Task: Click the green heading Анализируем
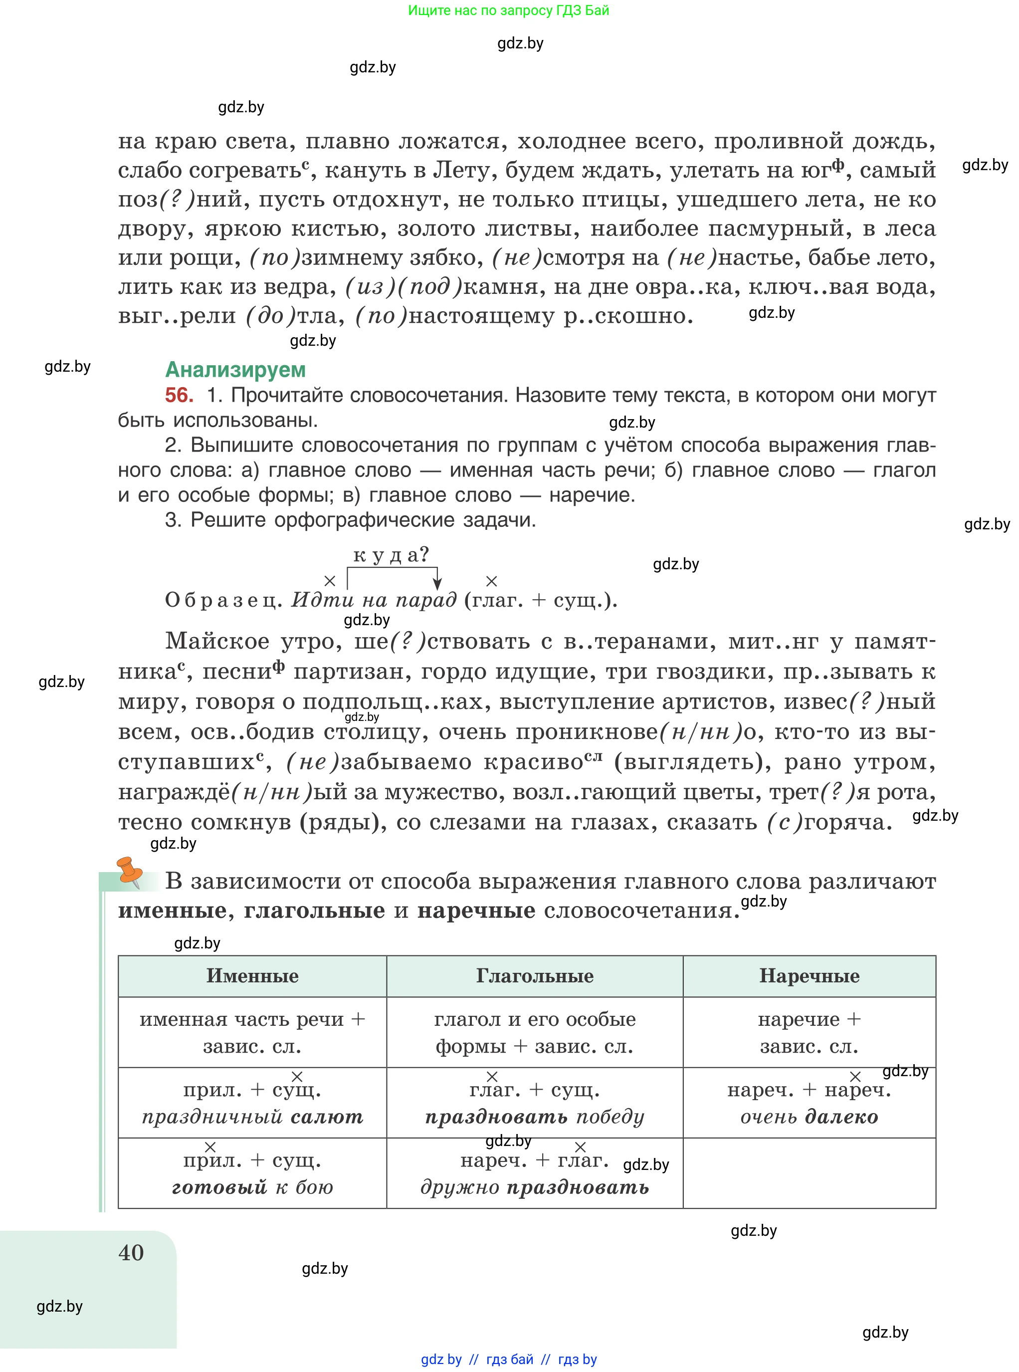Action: (x=235, y=370)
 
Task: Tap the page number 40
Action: (x=131, y=1252)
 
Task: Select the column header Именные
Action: (x=252, y=976)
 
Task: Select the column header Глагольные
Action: (x=534, y=976)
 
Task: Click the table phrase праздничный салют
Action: (x=252, y=1117)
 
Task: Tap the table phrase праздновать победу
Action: (x=534, y=1117)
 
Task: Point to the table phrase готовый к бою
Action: (x=252, y=1187)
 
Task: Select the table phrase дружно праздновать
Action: (x=534, y=1187)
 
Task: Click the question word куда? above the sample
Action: (x=391, y=555)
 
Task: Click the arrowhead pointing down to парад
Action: (x=437, y=584)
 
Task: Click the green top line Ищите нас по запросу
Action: (x=508, y=10)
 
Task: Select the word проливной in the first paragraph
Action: (x=778, y=141)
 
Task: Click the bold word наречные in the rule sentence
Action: (x=476, y=911)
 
